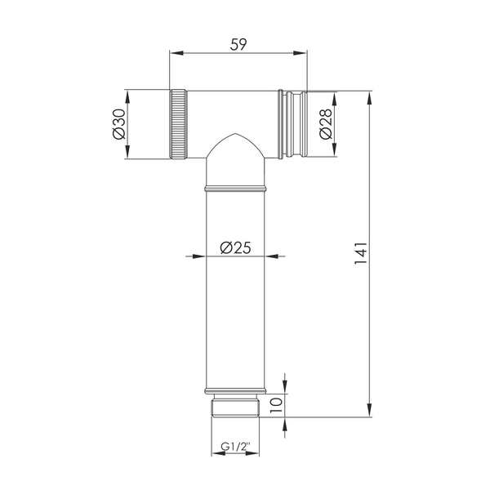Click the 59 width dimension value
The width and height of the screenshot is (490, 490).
(238, 44)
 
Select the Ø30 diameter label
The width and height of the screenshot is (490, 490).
(118, 124)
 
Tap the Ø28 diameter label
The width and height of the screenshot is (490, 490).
(326, 124)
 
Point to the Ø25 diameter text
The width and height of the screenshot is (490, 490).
(236, 247)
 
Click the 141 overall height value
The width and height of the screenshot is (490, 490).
(361, 253)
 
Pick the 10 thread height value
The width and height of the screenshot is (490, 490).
(276, 405)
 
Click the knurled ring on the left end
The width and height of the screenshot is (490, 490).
(178, 124)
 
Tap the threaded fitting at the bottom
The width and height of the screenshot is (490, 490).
(235, 406)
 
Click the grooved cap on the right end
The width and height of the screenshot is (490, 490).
(293, 124)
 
